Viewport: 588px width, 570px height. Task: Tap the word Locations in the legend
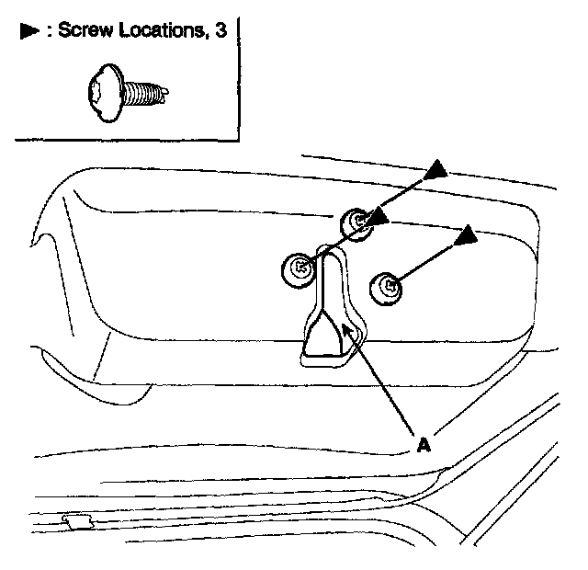click(162, 30)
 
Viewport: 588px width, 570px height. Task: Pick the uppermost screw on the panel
click(356, 222)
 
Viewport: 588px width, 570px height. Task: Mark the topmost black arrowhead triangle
click(437, 168)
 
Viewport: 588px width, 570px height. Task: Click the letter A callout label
click(423, 445)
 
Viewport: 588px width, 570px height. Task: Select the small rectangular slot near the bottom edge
click(76, 521)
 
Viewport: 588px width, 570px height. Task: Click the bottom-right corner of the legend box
click(238, 140)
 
